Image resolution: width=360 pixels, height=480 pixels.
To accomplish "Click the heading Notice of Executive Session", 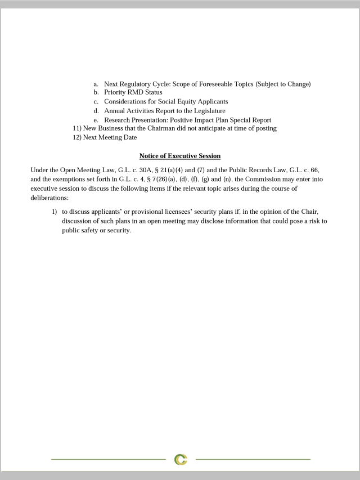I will coord(180,156).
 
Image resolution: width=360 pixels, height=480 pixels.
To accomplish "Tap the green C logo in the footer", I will coord(181,460).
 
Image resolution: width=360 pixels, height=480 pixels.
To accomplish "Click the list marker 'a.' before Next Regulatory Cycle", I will coord(96,84).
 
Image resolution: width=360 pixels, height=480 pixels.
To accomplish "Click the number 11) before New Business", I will coord(77,128).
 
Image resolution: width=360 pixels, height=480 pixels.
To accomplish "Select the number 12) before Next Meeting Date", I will coord(77,137).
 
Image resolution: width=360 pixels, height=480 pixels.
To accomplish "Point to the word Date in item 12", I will coord(130,137).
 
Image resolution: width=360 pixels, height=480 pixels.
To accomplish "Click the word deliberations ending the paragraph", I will coord(49,198).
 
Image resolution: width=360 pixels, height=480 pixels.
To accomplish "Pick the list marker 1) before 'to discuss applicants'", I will coord(55,212).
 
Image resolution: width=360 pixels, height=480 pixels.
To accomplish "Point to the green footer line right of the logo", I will coord(253,460).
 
